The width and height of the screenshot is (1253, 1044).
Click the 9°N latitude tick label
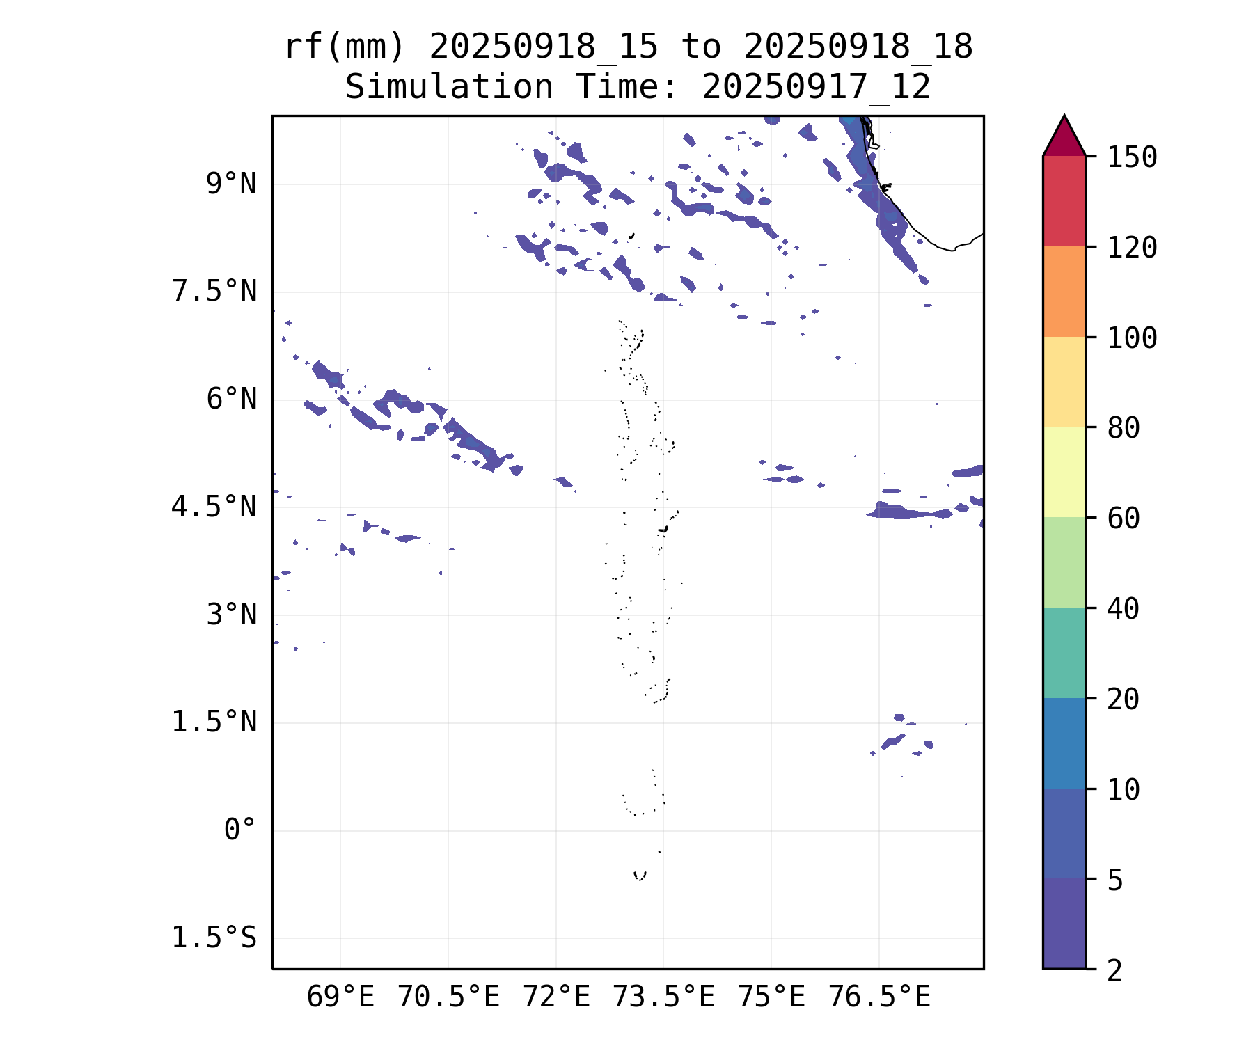click(x=231, y=184)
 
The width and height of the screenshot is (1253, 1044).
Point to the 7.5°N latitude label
click(x=214, y=292)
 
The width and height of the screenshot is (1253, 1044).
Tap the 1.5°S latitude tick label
click(x=214, y=938)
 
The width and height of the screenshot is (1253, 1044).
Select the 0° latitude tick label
click(x=240, y=830)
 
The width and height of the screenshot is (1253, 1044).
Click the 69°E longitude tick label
click(x=340, y=997)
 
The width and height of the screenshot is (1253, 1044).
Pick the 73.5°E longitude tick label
click(x=663, y=997)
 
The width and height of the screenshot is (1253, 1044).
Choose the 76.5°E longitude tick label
click(x=879, y=997)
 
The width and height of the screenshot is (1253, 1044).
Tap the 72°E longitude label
click(x=556, y=997)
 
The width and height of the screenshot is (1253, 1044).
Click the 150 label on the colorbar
click(x=1132, y=157)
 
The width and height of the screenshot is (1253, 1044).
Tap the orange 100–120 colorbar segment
click(x=1064, y=292)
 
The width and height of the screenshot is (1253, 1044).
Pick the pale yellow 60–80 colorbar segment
click(x=1064, y=472)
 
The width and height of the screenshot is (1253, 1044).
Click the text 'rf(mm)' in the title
click(x=345, y=47)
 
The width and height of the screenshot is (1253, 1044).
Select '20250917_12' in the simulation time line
click(x=816, y=88)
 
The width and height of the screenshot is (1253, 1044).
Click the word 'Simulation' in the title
click(x=449, y=88)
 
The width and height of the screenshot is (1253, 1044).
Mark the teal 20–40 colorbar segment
click(x=1064, y=652)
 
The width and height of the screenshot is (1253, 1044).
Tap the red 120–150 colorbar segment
click(x=1064, y=201)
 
